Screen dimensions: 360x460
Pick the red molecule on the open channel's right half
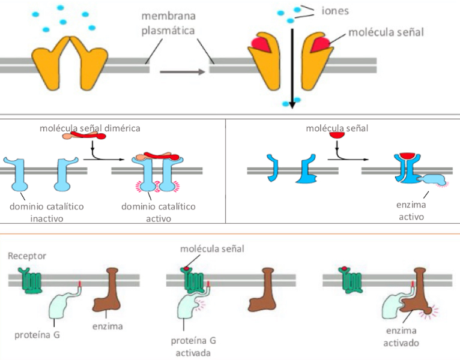(x=320, y=44)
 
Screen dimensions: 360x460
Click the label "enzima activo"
(x=411, y=211)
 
